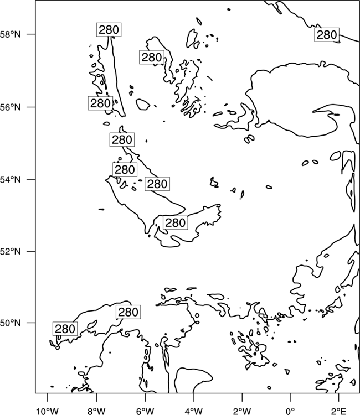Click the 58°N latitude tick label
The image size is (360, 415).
click(11, 34)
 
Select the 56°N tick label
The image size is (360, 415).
click(11, 107)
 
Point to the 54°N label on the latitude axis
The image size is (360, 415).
click(11, 180)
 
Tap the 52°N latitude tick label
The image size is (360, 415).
click(11, 251)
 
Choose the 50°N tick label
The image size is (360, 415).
click(11, 323)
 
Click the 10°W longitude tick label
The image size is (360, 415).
click(47, 411)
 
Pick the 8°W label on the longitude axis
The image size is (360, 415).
click(96, 411)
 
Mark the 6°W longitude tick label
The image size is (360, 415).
click(145, 411)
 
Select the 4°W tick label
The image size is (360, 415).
click(194, 411)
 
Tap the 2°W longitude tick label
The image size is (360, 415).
click(242, 411)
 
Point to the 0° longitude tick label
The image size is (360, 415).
click(290, 411)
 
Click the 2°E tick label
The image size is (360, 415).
click(338, 411)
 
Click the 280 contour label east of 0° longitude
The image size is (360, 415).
click(327, 35)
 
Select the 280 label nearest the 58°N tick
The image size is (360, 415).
click(109, 30)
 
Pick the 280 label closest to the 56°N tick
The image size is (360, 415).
click(100, 103)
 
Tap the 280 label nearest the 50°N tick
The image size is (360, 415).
click(65, 329)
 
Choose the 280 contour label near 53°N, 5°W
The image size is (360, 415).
click(175, 223)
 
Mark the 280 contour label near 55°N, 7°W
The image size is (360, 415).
click(122, 140)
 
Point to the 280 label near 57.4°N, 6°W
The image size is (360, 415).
click(152, 57)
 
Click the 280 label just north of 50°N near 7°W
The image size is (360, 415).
click(128, 312)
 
